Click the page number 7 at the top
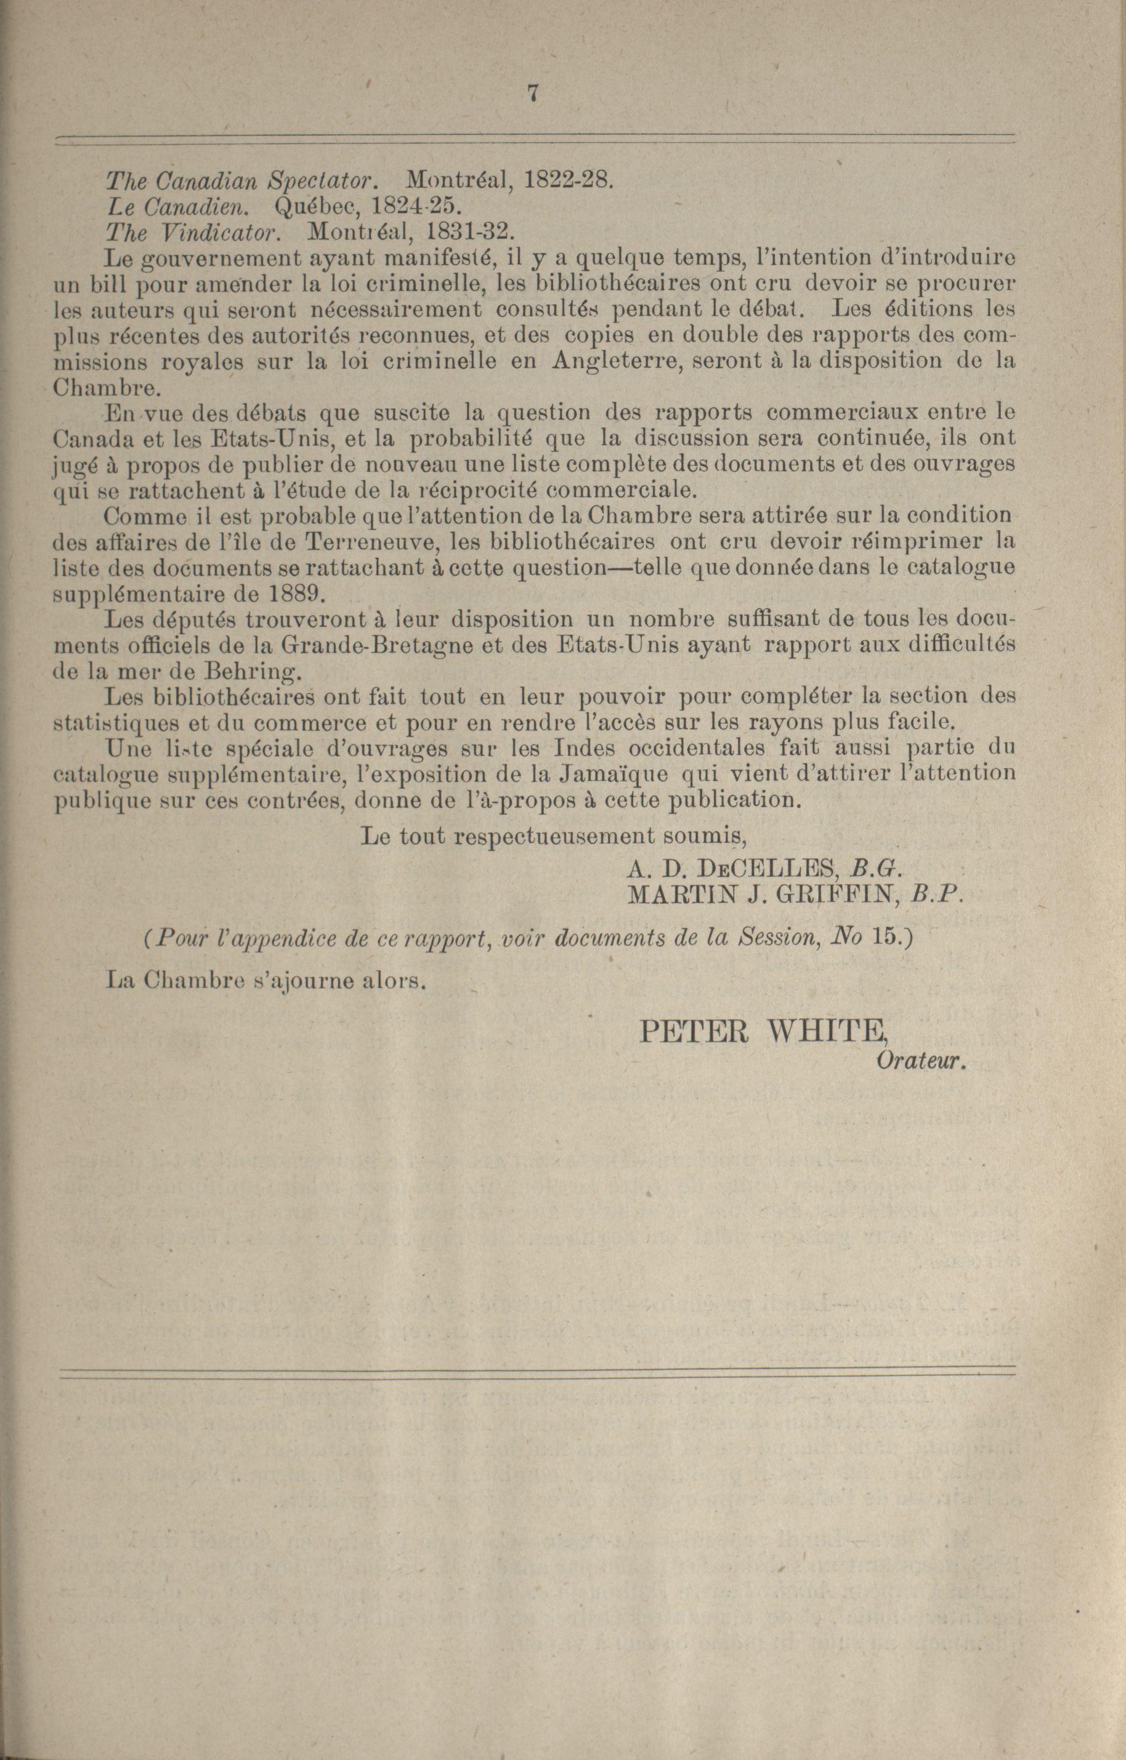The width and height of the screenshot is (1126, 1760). (532, 94)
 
